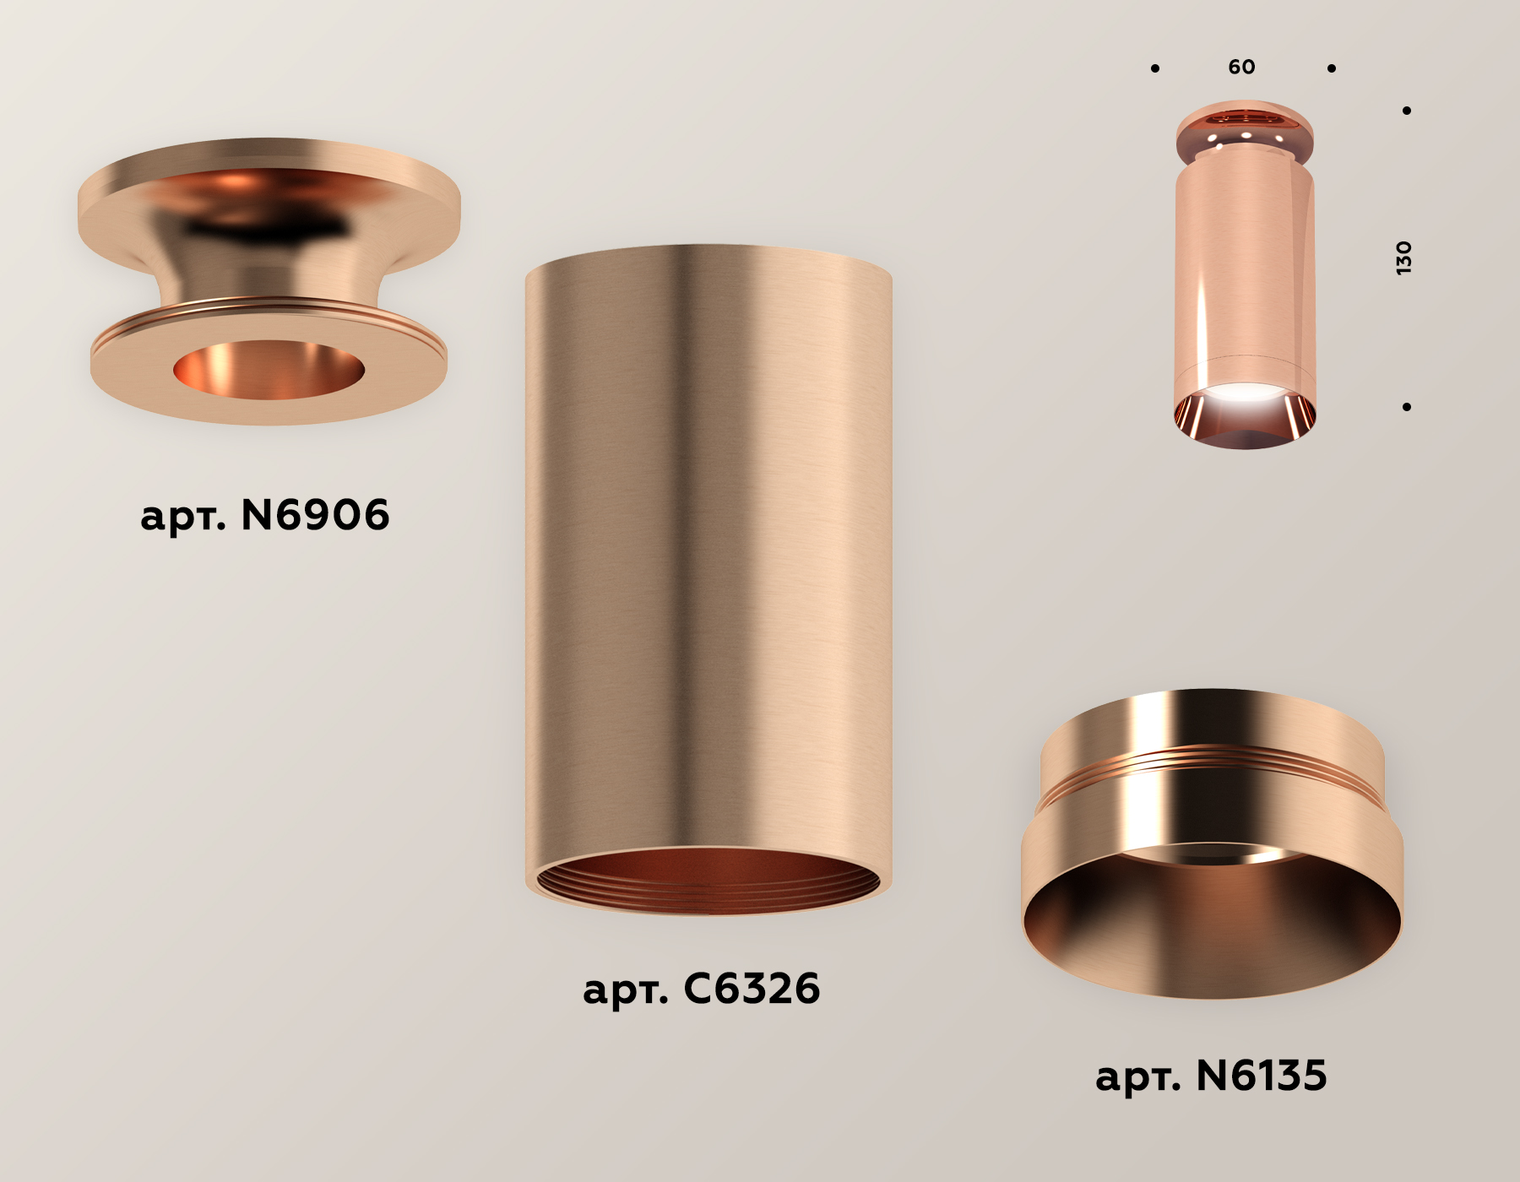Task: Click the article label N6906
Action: click(264, 515)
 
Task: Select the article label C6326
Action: click(701, 989)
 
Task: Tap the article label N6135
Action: click(1211, 1076)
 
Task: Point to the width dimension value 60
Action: click(1241, 67)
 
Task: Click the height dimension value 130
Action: click(1403, 258)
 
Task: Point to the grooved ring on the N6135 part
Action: click(1211, 760)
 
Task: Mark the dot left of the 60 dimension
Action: click(1155, 68)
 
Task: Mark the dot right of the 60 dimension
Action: click(1332, 68)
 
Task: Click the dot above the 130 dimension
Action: click(1407, 111)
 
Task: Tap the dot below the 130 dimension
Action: click(1407, 407)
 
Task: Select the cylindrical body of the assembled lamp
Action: click(1245, 270)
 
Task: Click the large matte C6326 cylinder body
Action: click(708, 549)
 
